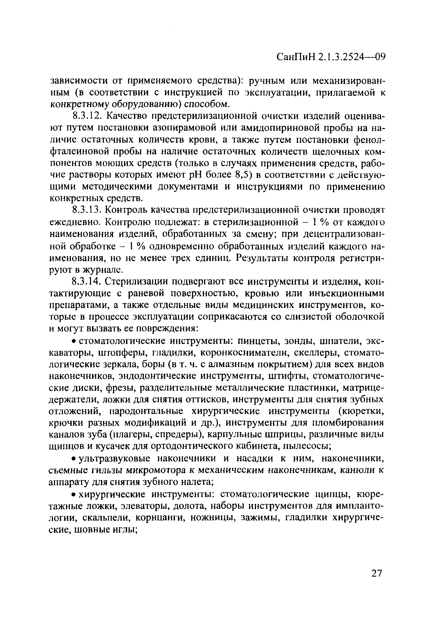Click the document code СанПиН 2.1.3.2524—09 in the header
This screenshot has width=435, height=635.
(x=331, y=57)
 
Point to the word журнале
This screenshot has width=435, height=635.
(x=102, y=270)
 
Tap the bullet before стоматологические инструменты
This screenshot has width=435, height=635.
(x=74, y=341)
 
